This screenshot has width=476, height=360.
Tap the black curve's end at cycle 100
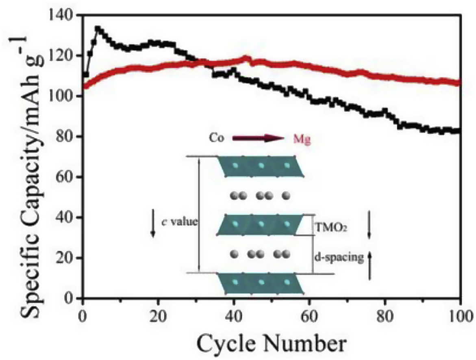point(459,130)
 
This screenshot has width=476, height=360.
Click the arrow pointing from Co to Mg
point(259,139)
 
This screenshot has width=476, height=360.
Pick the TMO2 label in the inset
point(330,229)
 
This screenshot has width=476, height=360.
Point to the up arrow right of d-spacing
point(369,265)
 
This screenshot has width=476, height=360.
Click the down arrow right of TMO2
point(369,225)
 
